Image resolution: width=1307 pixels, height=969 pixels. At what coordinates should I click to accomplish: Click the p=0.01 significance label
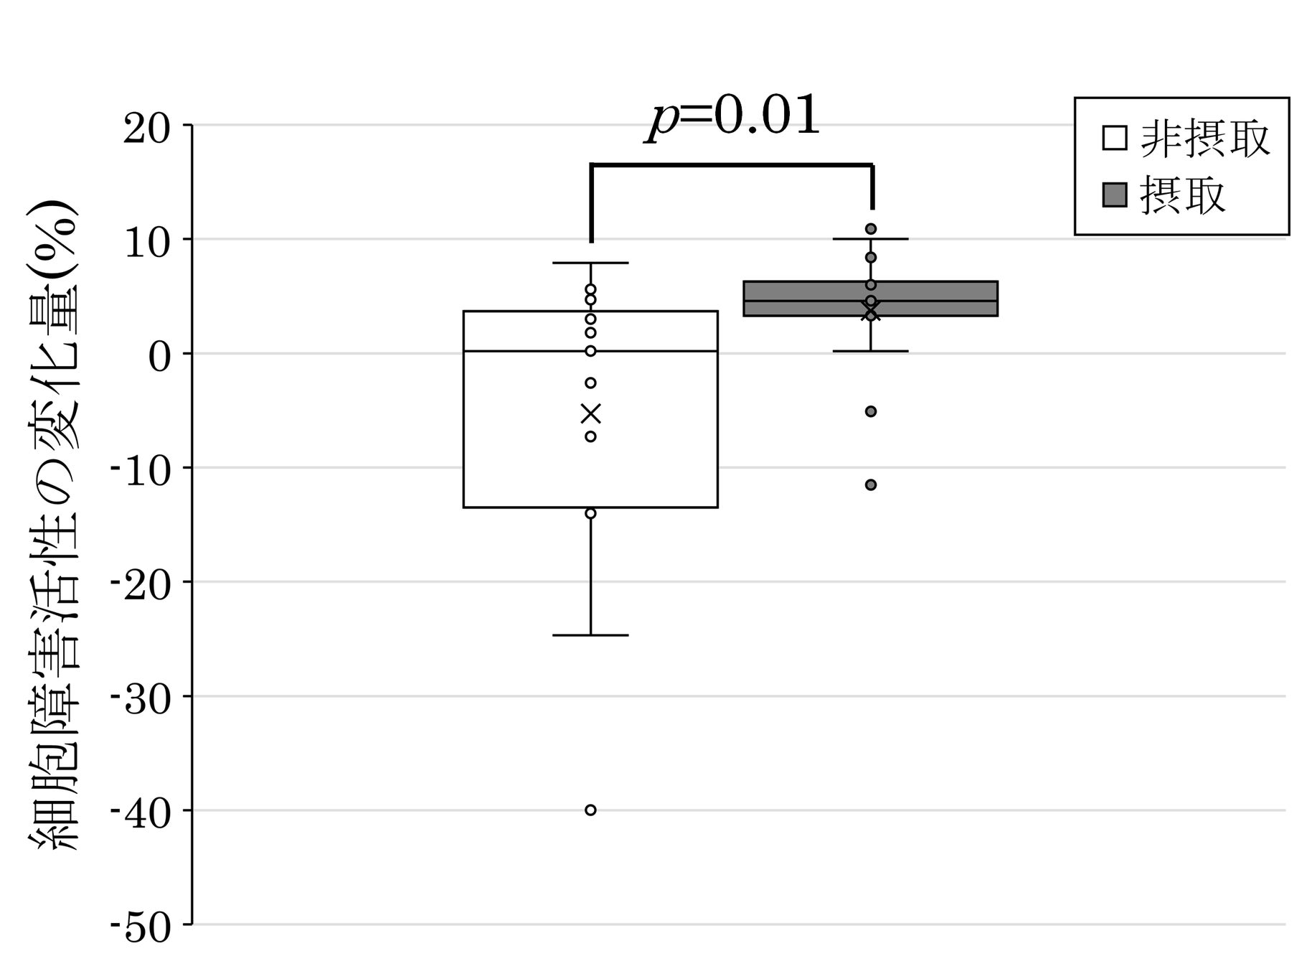coord(733,116)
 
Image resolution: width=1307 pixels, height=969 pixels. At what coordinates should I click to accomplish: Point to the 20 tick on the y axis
coord(147,131)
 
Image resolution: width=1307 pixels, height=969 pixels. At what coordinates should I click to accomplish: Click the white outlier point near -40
coord(590,810)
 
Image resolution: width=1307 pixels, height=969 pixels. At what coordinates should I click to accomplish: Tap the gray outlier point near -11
coord(871,485)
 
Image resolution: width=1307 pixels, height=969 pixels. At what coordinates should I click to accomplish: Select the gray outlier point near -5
coord(871,411)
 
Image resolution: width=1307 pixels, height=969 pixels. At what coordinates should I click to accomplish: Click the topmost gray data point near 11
coord(871,229)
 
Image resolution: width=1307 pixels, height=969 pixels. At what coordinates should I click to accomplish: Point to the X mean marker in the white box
coord(590,414)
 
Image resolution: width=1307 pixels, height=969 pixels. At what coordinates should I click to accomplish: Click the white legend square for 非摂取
coord(1114,137)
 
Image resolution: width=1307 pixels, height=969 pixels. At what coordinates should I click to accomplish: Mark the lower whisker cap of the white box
coord(590,635)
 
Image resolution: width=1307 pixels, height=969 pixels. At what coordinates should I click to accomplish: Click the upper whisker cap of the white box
coord(590,263)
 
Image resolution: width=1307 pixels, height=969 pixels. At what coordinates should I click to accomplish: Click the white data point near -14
coord(590,513)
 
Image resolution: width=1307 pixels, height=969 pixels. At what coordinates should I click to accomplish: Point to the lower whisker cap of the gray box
coord(871,351)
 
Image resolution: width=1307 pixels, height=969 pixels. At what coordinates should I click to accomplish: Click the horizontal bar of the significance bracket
coord(732,165)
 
